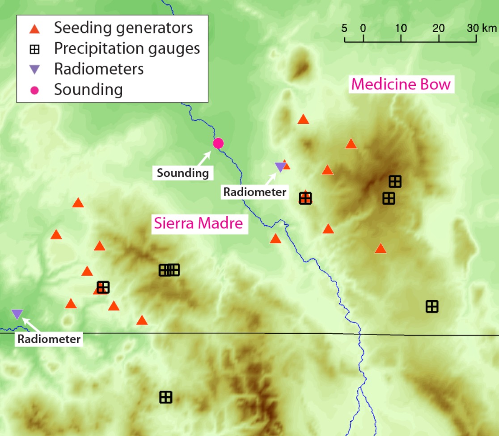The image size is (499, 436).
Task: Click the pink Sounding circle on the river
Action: [218, 143]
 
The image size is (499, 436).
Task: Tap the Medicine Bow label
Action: [401, 84]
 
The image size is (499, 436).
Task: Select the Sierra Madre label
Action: [198, 223]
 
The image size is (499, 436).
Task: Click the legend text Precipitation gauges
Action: [127, 48]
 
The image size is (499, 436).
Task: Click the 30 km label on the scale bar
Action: [482, 28]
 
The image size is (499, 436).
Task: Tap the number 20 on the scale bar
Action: [439, 28]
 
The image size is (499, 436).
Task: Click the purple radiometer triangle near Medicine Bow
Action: [280, 167]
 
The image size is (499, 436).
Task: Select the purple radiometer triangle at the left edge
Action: [17, 314]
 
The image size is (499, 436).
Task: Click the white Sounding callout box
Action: [182, 173]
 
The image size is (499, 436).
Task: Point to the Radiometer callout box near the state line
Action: [49, 339]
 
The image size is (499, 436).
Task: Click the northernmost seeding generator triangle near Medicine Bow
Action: [303, 119]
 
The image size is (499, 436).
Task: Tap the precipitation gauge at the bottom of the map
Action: [166, 397]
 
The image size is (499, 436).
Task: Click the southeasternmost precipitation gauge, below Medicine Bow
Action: [432, 306]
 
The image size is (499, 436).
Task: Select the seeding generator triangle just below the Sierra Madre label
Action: [275, 239]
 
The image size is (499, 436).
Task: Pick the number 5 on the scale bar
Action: [344, 28]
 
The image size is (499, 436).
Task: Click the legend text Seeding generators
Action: [123, 28]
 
